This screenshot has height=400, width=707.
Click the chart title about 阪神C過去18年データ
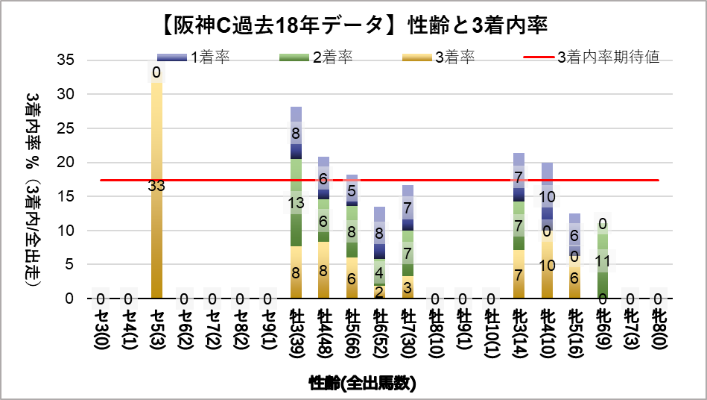click(x=353, y=25)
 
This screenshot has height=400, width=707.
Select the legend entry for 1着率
click(x=196, y=57)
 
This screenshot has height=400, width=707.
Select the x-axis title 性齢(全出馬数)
click(x=362, y=384)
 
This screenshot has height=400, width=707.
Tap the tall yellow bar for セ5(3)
click(x=156, y=224)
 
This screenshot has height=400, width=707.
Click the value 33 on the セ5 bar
click(x=156, y=187)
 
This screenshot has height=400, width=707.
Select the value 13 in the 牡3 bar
click(x=296, y=202)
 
